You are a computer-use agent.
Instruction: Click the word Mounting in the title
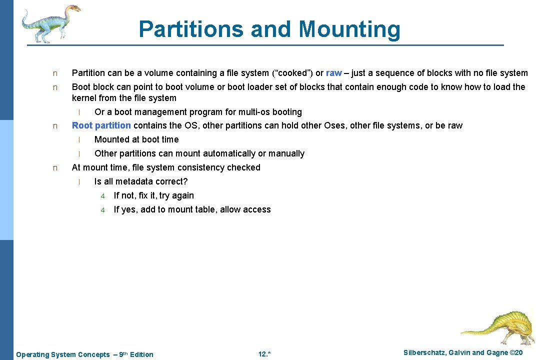click(x=349, y=29)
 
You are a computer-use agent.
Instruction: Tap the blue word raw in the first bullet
click(x=333, y=73)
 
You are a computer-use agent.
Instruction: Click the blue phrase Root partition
click(x=101, y=125)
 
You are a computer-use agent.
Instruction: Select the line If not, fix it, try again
click(x=153, y=195)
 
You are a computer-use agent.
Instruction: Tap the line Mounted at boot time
click(x=136, y=139)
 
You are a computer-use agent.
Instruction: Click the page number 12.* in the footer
click(x=264, y=354)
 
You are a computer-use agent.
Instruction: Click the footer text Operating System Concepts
click(x=63, y=354)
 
